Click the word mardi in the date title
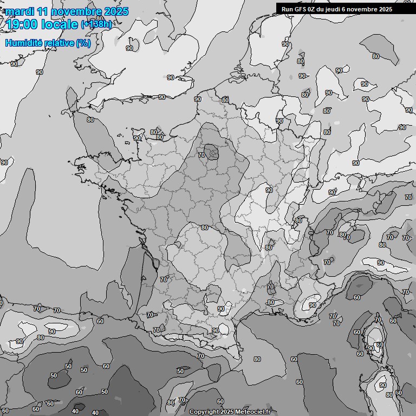pyautogui.click(x=20, y=11)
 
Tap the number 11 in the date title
pyautogui.click(x=45, y=11)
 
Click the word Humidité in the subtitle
pyautogui.click(x=22, y=43)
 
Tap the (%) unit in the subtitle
pyautogui.click(x=83, y=43)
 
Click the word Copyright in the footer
pyautogui.click(x=204, y=412)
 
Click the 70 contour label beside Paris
pyautogui.click(x=201, y=155)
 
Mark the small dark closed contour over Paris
pyautogui.click(x=212, y=152)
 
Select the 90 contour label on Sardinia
pyautogui.click(x=383, y=386)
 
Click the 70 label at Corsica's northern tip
pyautogui.click(x=378, y=320)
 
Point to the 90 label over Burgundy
pyautogui.click(x=269, y=190)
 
